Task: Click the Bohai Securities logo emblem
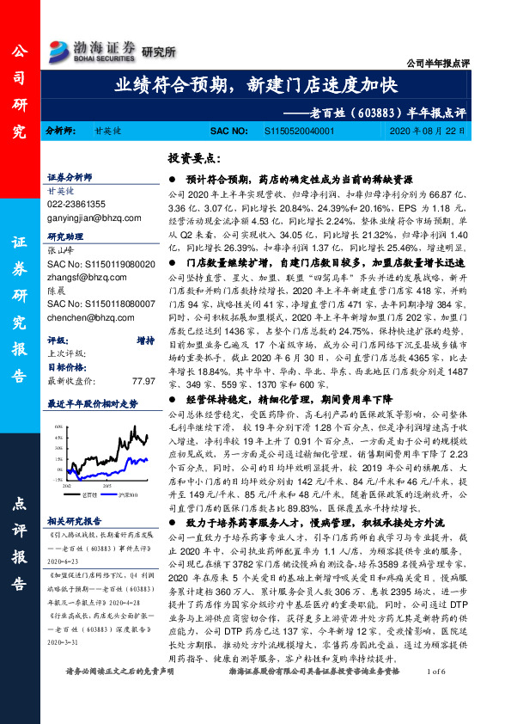click(60, 48)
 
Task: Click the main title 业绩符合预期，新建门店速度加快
click(255, 85)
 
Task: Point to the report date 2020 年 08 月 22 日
click(429, 132)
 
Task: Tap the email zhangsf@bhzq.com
click(84, 278)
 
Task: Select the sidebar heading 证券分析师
click(70, 175)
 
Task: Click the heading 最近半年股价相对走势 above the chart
click(92, 402)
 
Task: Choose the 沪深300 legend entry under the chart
click(123, 495)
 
